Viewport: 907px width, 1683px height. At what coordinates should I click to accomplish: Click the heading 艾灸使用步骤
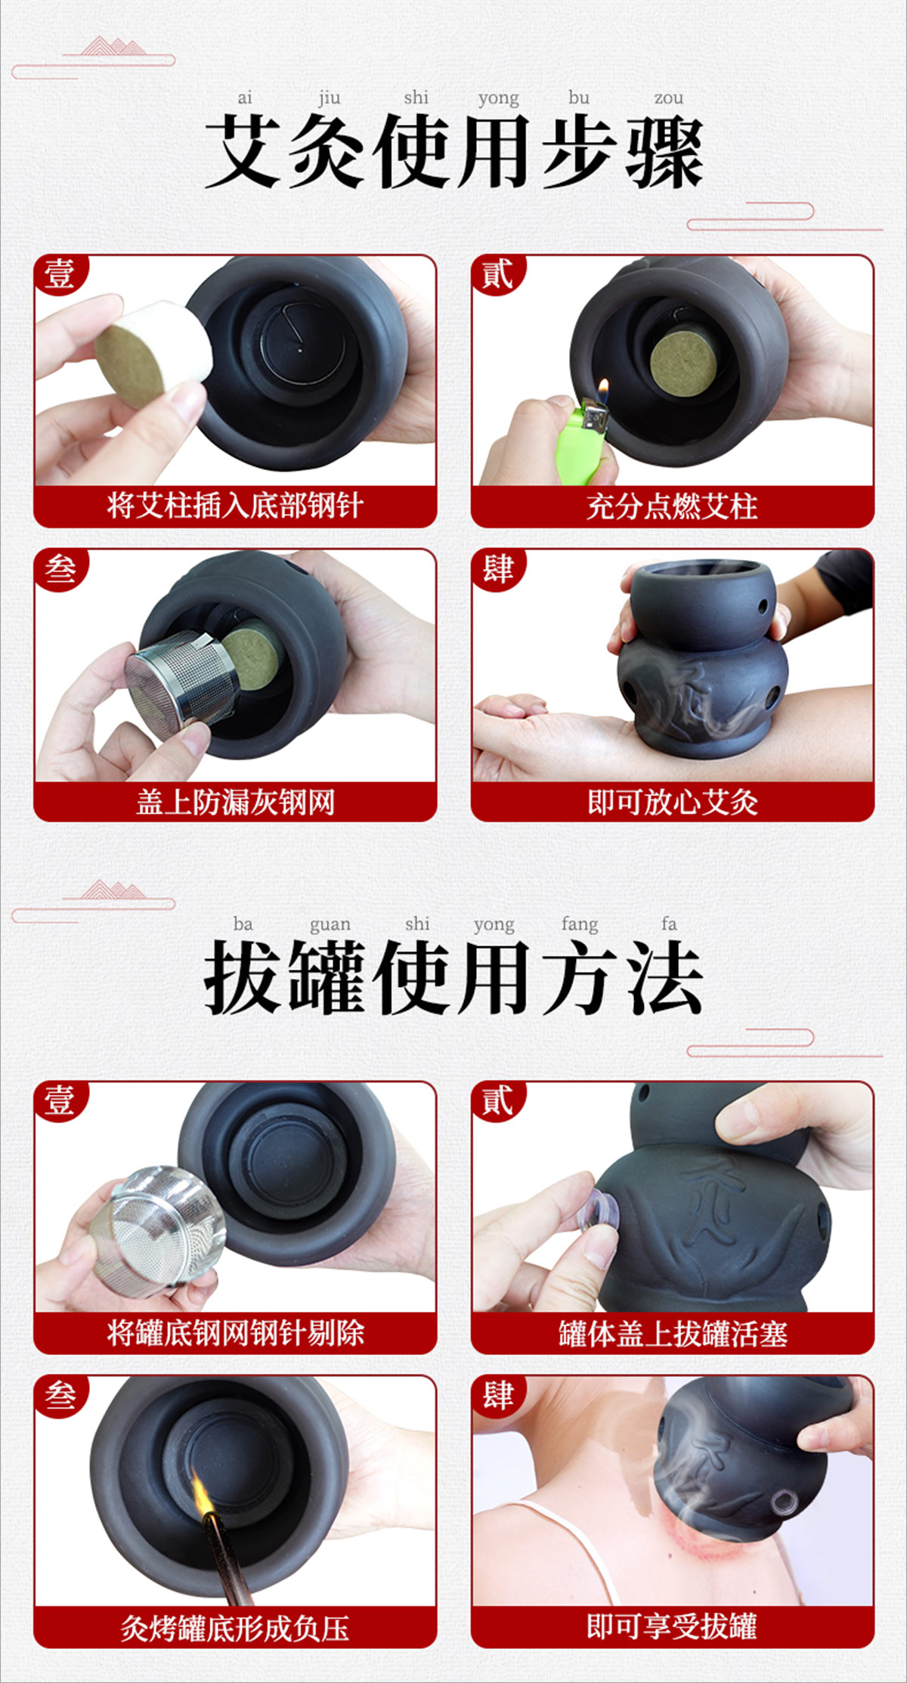[x=453, y=151]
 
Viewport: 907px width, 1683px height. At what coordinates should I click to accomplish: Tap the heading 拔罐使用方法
[x=453, y=977]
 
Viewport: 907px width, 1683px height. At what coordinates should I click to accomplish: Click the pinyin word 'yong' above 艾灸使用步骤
[x=498, y=99]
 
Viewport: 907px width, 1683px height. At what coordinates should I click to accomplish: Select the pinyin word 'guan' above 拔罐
[x=330, y=925]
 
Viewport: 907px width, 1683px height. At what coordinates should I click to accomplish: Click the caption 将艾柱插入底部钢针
[x=235, y=506]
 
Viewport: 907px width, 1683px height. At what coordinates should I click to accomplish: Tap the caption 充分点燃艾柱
[x=672, y=506]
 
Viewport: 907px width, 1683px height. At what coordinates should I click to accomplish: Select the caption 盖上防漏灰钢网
[x=235, y=802]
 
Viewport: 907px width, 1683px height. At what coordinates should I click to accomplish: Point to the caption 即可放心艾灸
[x=672, y=802]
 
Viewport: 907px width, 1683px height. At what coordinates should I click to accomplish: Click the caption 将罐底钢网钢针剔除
[x=235, y=1332]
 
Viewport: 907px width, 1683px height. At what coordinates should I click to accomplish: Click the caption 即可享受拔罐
[x=672, y=1626]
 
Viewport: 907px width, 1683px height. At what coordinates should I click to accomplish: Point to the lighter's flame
[x=602, y=391]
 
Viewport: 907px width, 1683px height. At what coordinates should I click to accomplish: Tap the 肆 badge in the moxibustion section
[x=497, y=568]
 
